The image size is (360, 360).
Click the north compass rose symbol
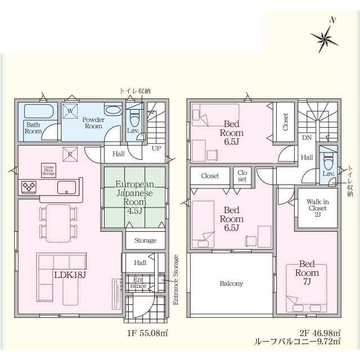point(325,38)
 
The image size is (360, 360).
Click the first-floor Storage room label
point(145,241)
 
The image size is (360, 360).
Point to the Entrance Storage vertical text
point(175,280)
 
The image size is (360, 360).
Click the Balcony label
point(231,283)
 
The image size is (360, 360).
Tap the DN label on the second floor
point(307,137)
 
